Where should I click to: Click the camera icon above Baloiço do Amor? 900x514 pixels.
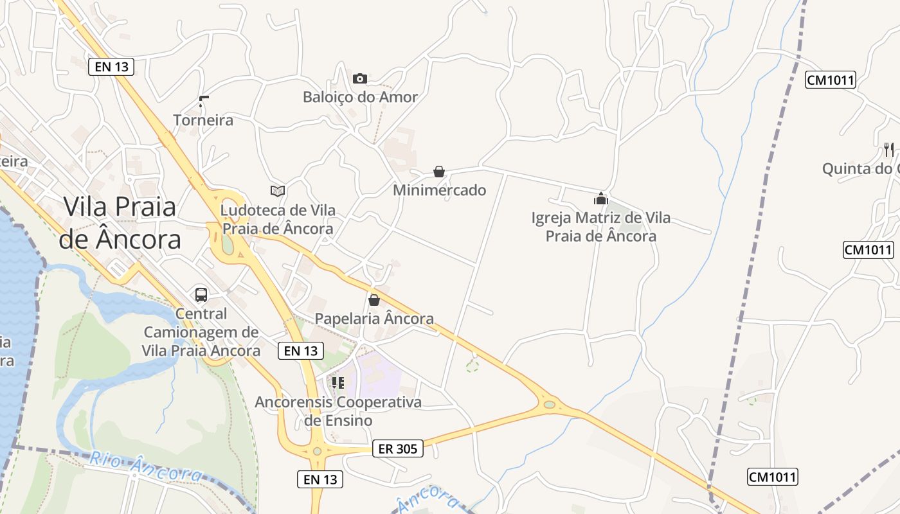click(360, 78)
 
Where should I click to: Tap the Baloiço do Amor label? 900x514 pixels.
click(360, 98)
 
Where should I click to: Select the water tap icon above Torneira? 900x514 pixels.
click(204, 101)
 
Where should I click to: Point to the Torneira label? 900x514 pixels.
click(203, 120)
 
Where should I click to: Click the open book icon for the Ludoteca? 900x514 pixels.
click(278, 191)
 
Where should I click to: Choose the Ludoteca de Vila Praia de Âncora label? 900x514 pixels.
click(277, 219)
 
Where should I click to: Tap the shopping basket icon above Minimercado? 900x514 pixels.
click(439, 172)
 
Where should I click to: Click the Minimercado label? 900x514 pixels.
click(439, 191)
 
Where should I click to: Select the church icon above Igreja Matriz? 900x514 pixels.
click(601, 199)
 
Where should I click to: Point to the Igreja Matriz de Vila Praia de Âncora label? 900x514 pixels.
click(601, 227)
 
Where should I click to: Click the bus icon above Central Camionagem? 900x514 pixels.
click(201, 295)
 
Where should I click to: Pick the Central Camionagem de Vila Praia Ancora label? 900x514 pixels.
click(201, 332)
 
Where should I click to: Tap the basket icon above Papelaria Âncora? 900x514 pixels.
click(374, 300)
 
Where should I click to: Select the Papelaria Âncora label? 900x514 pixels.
click(374, 319)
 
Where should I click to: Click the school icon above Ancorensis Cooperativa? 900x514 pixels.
click(338, 383)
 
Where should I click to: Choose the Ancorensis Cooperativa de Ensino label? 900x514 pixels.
click(338, 411)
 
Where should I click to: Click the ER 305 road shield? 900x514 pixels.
click(398, 448)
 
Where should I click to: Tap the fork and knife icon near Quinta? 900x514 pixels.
click(889, 150)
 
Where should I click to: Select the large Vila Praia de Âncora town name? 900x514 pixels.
click(120, 223)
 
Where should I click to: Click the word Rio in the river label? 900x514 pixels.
click(104, 459)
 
